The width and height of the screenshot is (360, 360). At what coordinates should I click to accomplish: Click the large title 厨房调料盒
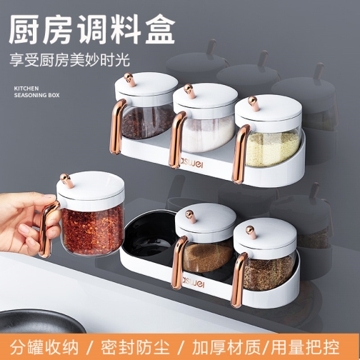[x=92, y=29]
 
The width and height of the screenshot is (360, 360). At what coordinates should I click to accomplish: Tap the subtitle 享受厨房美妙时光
[x=70, y=60]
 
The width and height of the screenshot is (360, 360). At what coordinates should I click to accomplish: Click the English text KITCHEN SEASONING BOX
[x=36, y=91]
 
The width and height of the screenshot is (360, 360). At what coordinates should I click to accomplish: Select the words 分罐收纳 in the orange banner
[x=44, y=347]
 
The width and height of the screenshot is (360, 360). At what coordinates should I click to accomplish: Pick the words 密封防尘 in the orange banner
[x=135, y=347]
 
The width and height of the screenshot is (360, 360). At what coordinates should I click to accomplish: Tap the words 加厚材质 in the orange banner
[x=226, y=347]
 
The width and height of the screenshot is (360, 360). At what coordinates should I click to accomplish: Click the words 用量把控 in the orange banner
[x=305, y=347]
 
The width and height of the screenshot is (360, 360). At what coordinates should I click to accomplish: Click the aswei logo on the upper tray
[x=191, y=163]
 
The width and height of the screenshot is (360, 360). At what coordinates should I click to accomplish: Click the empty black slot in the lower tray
[x=149, y=236]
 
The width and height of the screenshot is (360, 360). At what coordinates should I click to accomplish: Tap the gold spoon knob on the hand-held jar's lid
[x=66, y=180]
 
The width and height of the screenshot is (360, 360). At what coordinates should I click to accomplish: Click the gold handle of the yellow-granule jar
[x=240, y=154]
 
